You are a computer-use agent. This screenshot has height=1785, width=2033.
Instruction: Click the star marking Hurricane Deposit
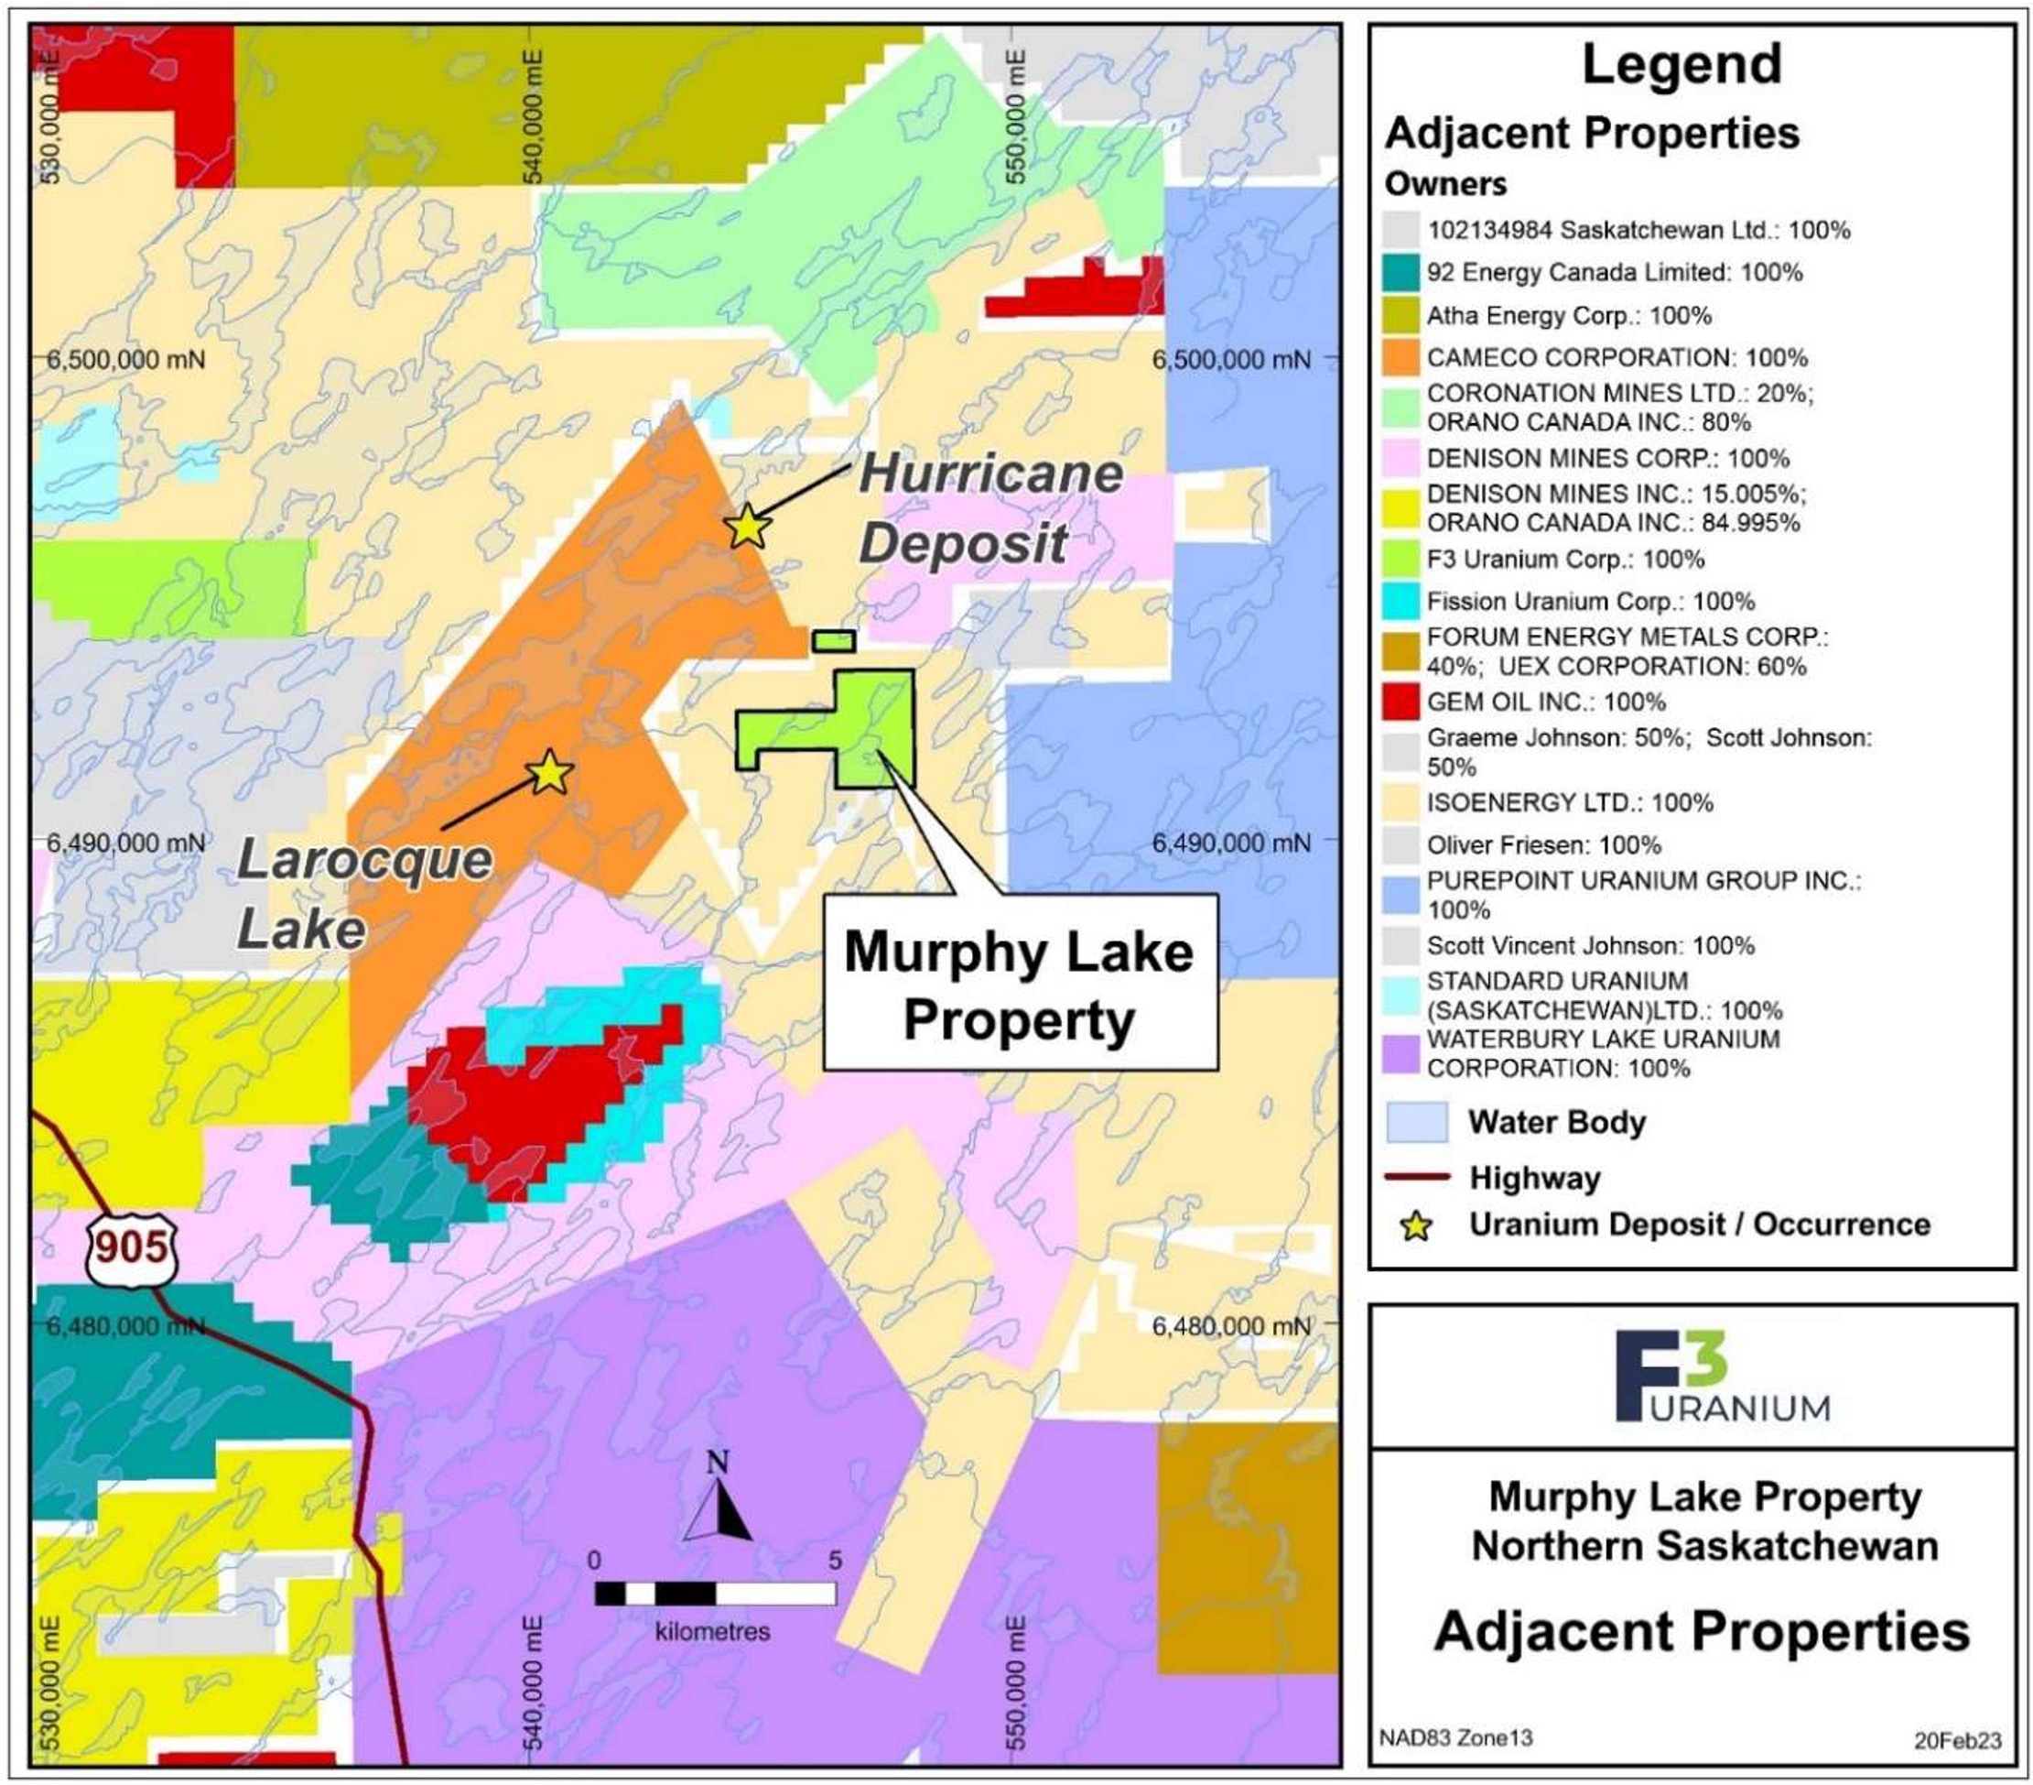tap(747, 527)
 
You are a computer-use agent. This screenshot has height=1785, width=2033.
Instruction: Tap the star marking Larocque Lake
tap(550, 772)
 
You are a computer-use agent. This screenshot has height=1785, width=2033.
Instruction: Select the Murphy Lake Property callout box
tap(1020, 983)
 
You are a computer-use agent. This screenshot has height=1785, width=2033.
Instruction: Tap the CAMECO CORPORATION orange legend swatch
tap(1400, 358)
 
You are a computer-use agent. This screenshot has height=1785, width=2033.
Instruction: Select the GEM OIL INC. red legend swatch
tap(1400, 702)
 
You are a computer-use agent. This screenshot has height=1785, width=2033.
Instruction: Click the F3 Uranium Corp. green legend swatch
tap(1400, 560)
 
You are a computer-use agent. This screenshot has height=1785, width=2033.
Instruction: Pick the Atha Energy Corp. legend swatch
tap(1400, 315)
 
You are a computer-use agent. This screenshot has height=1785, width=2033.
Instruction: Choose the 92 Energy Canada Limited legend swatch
tap(1400, 273)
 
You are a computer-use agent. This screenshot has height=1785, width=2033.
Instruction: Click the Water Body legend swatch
tap(1416, 1122)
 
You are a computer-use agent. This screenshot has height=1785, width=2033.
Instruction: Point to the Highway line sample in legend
tap(1416, 1177)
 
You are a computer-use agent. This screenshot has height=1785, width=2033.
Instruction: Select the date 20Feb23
tap(1957, 1740)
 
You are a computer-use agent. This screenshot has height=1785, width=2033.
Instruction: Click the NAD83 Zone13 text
tap(1455, 1737)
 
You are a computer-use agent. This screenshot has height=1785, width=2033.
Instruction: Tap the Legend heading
tap(1681, 65)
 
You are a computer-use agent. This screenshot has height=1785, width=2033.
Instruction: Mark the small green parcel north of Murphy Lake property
tap(834, 642)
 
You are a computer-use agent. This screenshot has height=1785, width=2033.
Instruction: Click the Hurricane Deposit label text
tap(989, 508)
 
